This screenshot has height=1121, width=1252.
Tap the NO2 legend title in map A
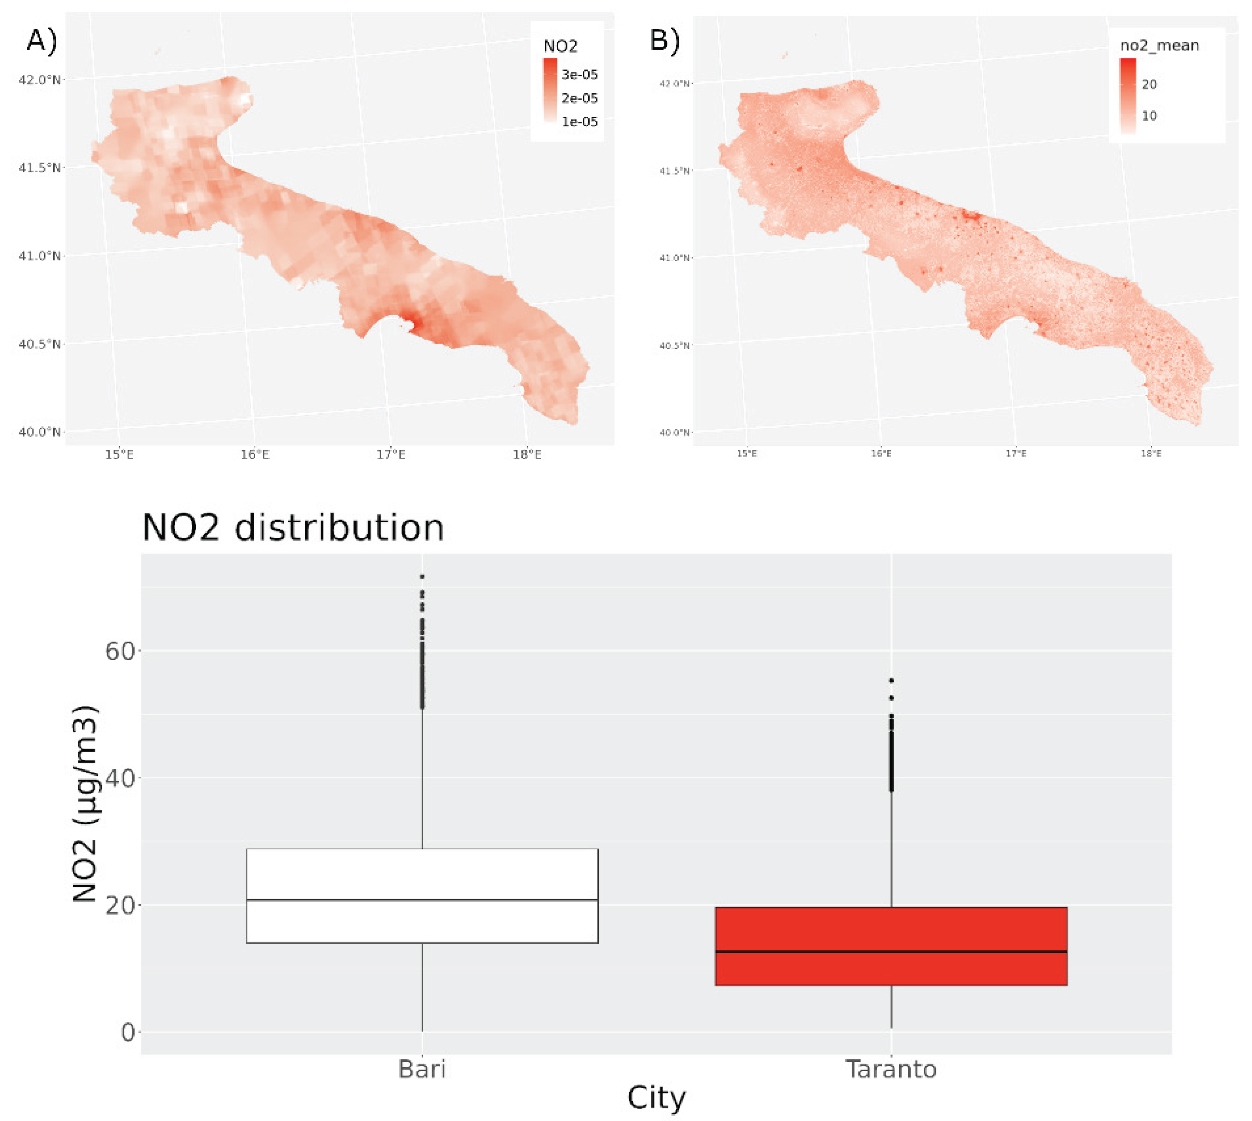pyautogui.click(x=560, y=46)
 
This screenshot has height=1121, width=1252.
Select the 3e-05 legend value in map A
pyautogui.click(x=579, y=74)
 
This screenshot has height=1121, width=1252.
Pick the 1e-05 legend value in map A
pyautogui.click(x=579, y=122)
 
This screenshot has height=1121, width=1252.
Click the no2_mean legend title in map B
pyautogui.click(x=1159, y=46)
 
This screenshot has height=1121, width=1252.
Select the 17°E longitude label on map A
pyautogui.click(x=391, y=455)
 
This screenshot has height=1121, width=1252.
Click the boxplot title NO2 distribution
pyautogui.click(x=293, y=528)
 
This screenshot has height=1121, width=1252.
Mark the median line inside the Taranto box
pyautogui.click(x=891, y=952)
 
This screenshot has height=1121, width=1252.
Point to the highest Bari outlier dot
pyautogui.click(x=422, y=577)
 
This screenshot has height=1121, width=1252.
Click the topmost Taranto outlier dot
pyautogui.click(x=891, y=681)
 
